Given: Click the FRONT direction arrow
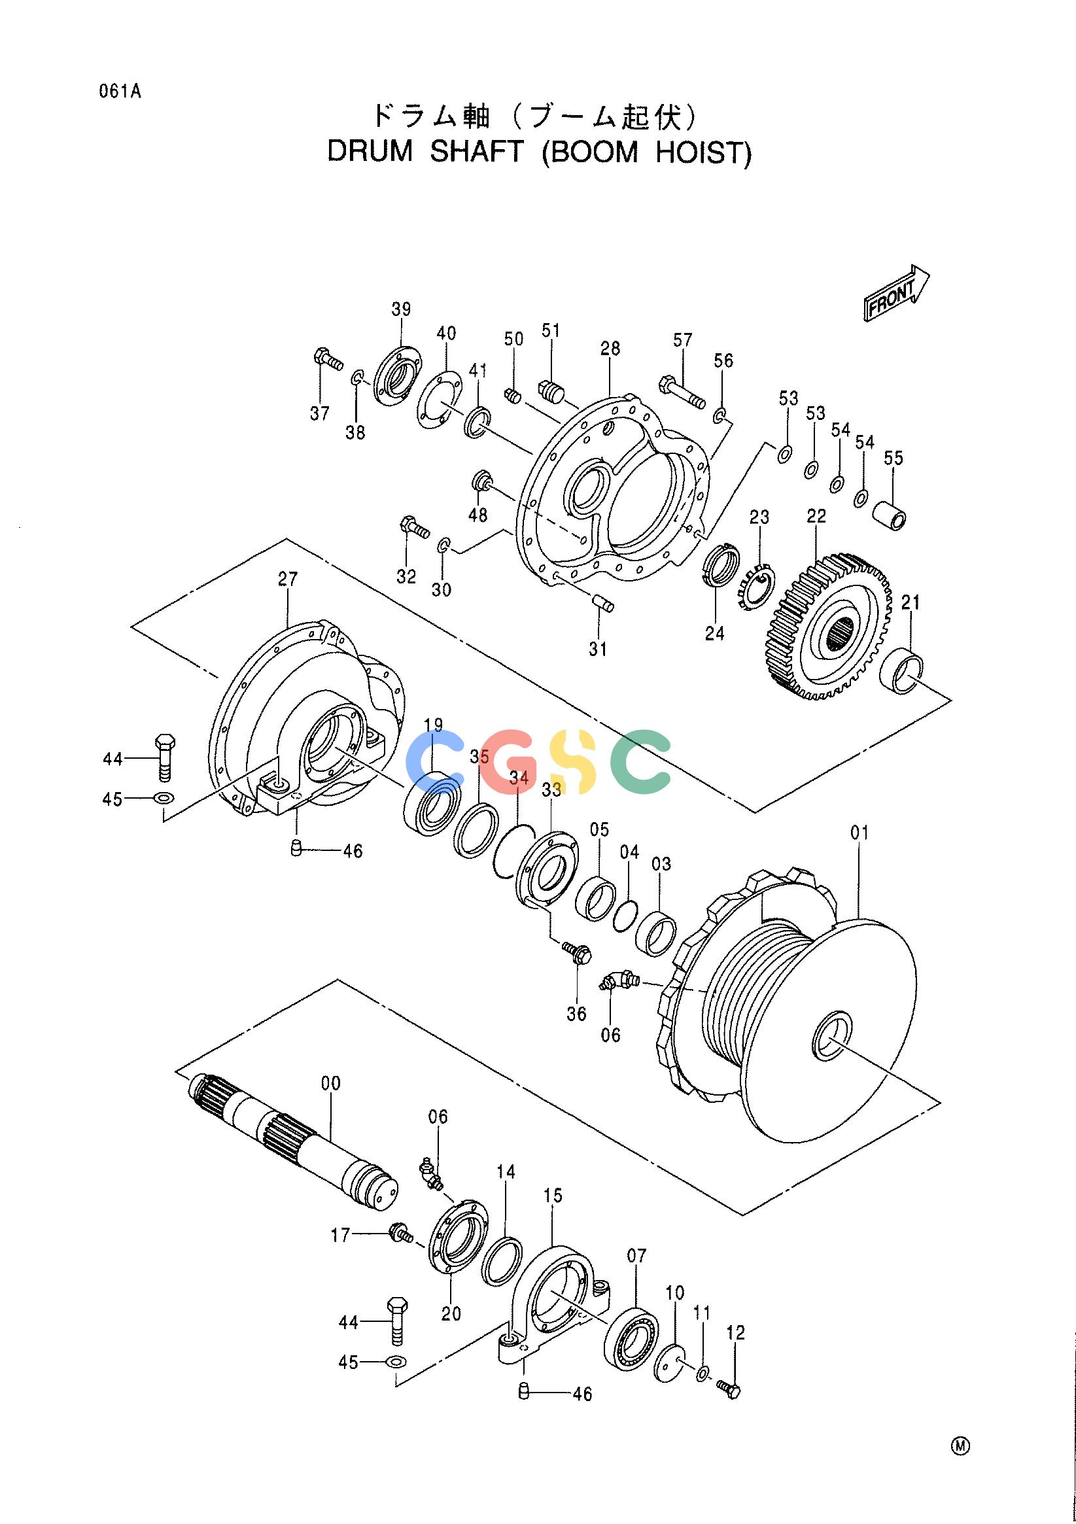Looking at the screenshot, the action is (897, 293).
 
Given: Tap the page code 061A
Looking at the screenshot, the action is (120, 92).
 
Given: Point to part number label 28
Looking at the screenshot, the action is (610, 348).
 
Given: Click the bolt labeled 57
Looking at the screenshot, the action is (682, 392).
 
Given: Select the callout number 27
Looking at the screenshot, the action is (287, 579).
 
